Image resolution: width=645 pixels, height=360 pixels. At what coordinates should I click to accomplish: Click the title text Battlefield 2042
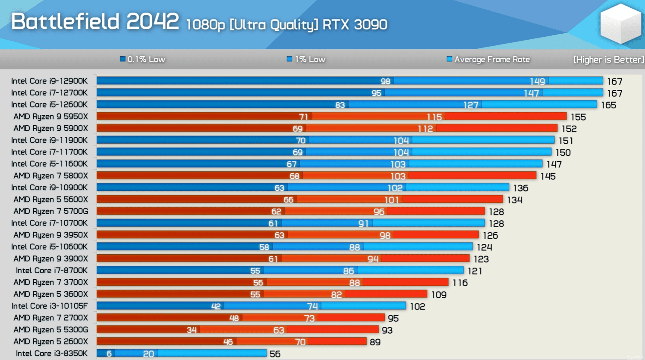pos(94,22)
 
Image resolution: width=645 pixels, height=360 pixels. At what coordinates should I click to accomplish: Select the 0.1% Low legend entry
pos(143,60)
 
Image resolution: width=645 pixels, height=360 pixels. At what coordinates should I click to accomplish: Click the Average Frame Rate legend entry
pos(488,60)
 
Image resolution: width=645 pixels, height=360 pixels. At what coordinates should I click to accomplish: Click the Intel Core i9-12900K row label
pos(49,81)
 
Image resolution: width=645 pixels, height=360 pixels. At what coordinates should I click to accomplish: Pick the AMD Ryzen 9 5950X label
pos(50,117)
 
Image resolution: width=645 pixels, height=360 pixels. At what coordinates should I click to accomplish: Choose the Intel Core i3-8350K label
pos(51,354)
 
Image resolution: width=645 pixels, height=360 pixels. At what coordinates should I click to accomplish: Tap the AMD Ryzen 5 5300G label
pos(50,330)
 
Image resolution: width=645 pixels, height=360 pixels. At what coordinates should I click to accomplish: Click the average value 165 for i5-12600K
pos(608,105)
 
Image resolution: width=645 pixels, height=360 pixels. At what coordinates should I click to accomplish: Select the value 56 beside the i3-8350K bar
pos(275,354)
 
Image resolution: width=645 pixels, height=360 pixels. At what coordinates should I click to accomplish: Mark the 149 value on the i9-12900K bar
pos(537,81)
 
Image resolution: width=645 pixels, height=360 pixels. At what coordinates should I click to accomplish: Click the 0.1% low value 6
pos(109,354)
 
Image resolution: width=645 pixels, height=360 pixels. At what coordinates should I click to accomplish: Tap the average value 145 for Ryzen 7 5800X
pos(548,176)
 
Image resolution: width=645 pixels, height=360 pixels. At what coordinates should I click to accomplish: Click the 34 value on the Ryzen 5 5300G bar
pos(192,330)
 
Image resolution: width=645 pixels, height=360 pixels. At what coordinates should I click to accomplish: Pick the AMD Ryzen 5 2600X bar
pos(231,341)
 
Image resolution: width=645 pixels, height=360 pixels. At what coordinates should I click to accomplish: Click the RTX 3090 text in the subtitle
pos(355,25)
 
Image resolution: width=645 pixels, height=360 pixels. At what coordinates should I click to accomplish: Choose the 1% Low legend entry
pos(306,60)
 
